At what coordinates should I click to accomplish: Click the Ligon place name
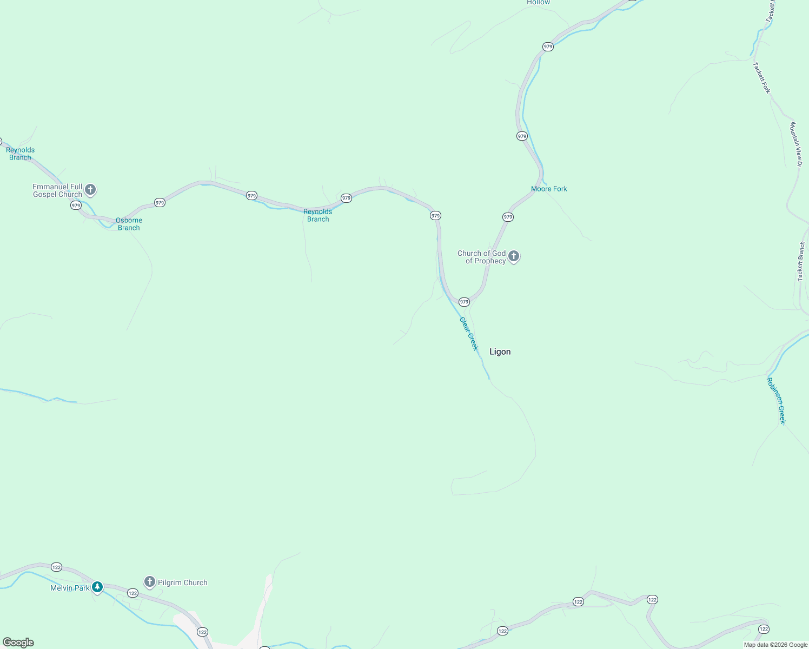500,352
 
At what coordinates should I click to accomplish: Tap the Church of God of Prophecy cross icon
514,256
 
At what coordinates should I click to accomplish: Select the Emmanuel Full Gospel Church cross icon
90,190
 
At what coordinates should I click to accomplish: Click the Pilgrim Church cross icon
149,582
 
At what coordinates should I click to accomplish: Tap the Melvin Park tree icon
97,587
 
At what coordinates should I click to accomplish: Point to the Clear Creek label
469,334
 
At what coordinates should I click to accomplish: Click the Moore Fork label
549,189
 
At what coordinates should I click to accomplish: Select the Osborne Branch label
129,224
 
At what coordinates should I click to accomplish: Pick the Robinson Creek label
775,400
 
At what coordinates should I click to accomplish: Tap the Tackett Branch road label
801,261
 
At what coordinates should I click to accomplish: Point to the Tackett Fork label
761,78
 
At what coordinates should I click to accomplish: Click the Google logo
18,643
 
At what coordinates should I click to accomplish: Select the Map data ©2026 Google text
775,645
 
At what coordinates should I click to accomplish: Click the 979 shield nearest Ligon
464,302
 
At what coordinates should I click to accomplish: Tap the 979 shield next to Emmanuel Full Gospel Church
76,206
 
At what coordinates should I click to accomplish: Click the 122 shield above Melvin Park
56,567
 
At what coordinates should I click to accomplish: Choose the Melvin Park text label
70,588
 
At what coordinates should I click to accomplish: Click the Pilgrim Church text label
182,582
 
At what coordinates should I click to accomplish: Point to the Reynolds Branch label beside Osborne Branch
318,215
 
